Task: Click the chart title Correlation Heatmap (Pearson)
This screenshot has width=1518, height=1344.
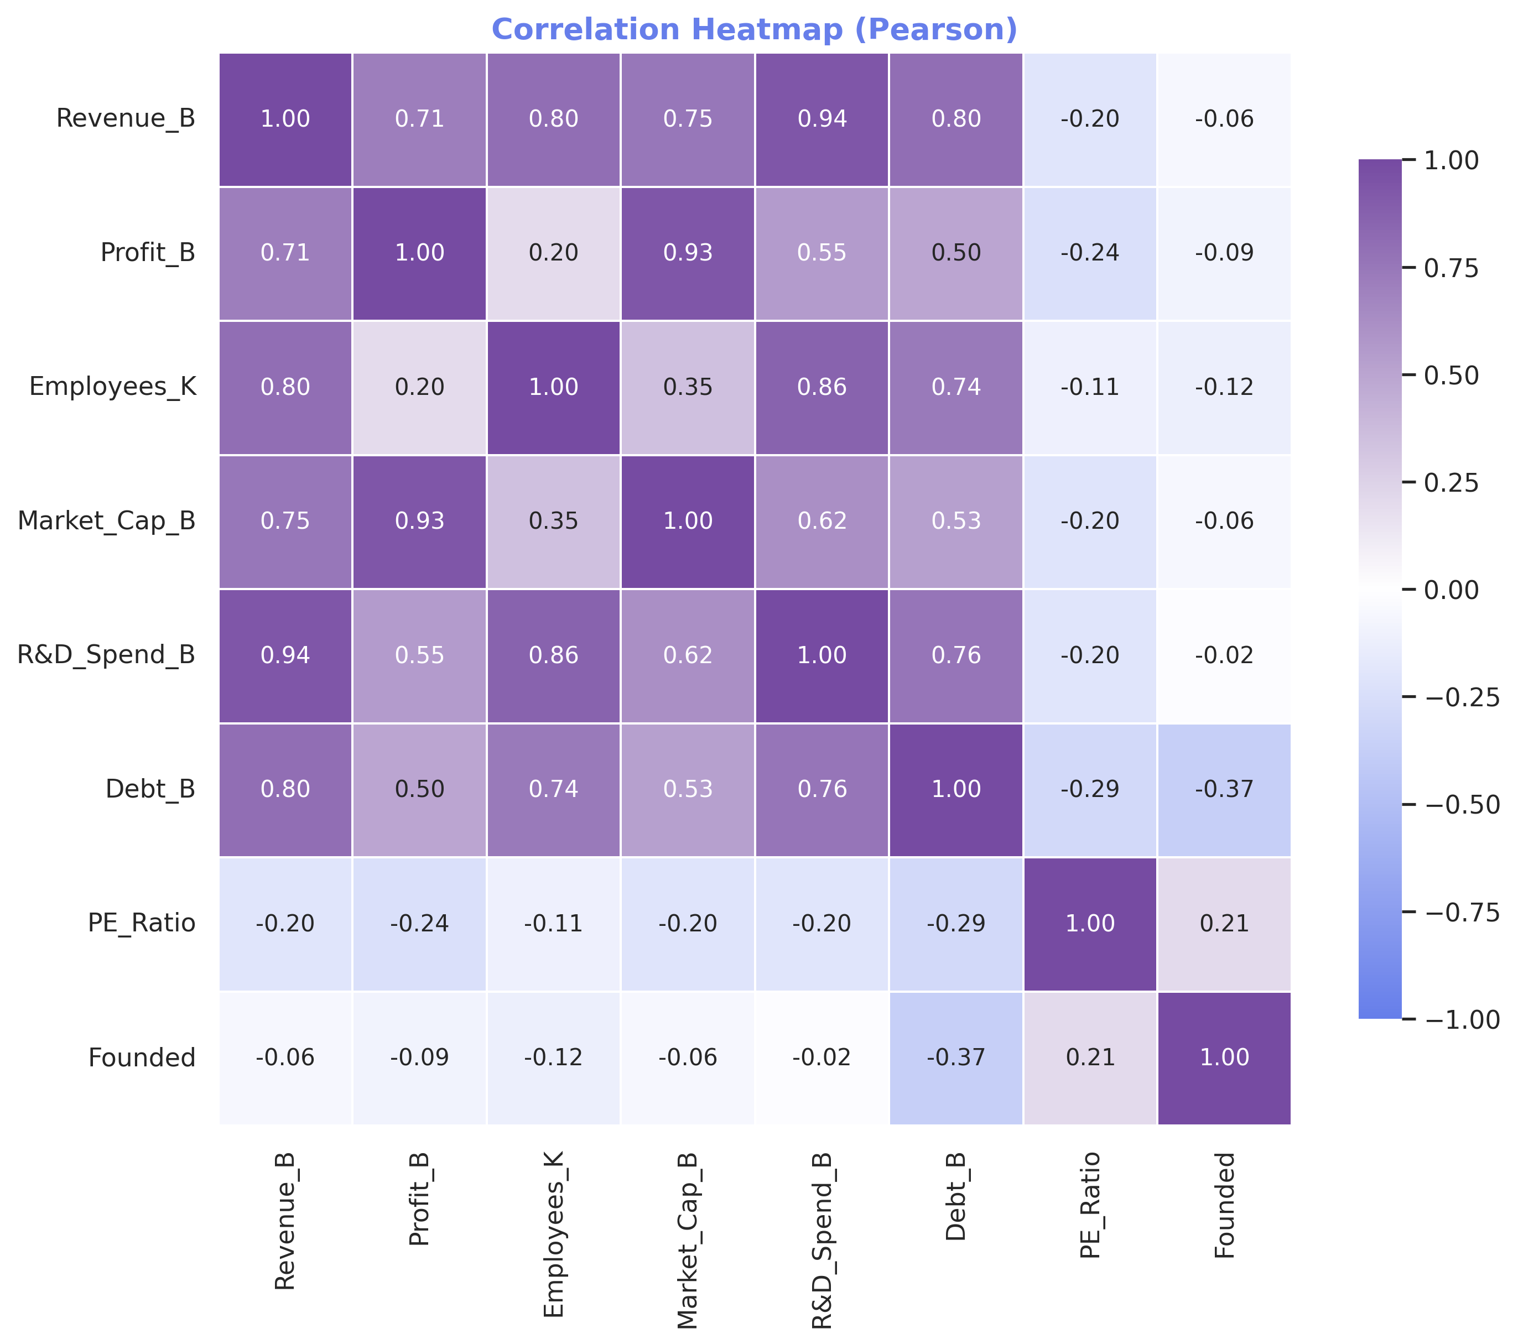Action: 754,30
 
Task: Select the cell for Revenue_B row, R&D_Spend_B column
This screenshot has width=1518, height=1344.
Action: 822,119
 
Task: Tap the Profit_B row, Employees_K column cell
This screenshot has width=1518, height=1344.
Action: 553,253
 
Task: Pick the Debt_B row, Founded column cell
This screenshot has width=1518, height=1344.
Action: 1224,789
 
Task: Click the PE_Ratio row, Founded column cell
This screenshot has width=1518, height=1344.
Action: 1224,924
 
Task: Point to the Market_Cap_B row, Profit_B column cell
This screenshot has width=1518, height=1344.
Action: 419,521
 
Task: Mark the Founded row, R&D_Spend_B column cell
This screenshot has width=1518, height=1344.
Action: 822,1058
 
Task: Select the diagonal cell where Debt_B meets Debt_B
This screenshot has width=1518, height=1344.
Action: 956,789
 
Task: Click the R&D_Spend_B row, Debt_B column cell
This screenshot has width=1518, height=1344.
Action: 956,655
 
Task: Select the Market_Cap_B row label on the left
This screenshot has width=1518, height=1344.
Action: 106,521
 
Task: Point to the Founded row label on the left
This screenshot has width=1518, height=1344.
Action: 142,1058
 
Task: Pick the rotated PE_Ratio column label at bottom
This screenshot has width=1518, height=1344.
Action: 1089,1206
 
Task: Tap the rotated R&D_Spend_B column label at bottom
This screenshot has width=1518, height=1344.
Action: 822,1240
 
